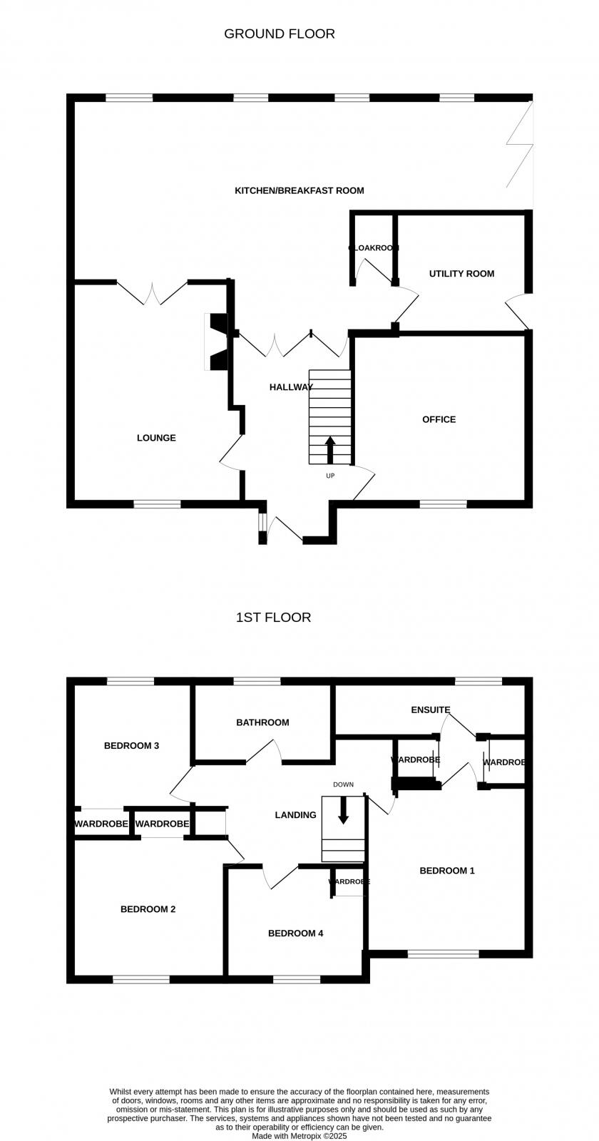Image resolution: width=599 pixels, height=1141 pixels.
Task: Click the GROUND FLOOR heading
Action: coord(280,34)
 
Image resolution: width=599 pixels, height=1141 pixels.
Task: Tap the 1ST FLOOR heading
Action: coord(273,618)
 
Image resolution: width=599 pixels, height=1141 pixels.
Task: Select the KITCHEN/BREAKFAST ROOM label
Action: coord(299,190)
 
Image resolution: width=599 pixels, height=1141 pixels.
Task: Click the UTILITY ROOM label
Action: coord(461,274)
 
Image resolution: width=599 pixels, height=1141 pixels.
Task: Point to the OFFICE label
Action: coord(439,419)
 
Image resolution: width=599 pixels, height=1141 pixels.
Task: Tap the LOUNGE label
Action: coord(156,438)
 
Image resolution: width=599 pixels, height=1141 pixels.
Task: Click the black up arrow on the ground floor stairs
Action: coord(330,450)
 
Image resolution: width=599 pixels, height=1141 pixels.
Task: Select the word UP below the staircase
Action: coord(330,476)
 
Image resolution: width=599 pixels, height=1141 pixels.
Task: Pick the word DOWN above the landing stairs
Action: coord(343,784)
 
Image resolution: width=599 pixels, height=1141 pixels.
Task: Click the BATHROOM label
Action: coord(262,722)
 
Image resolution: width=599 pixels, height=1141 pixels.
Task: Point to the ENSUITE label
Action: coord(431,710)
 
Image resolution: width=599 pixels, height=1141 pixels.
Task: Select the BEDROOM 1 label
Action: coord(447,871)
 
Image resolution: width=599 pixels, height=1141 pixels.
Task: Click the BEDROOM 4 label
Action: coord(295,933)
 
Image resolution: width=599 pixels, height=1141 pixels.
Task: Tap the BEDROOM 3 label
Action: coord(131,746)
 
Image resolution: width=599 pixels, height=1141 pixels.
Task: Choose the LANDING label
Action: coord(295,815)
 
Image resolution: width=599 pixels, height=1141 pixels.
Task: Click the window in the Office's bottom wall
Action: coord(443,504)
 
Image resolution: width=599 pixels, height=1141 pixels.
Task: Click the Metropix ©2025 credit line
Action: coord(299,1136)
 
